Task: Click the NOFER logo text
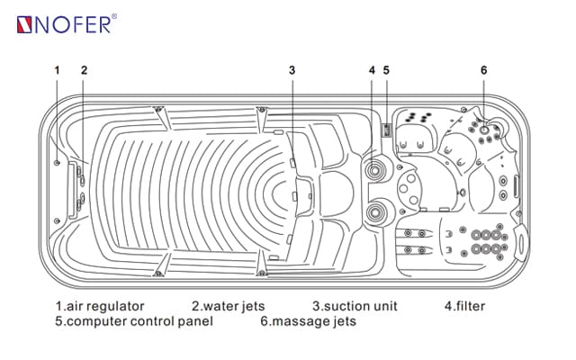[73, 22]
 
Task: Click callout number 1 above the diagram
[57, 69]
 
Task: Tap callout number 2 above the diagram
[84, 69]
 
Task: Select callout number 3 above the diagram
[292, 69]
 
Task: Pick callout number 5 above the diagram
[386, 69]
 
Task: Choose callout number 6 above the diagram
[483, 69]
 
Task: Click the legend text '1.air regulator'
[99, 307]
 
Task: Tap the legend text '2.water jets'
[229, 307]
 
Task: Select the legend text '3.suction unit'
[354, 307]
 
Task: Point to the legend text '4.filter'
[464, 307]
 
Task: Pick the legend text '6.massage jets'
[308, 320]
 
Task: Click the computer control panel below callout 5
[387, 131]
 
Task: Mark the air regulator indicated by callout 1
[57, 163]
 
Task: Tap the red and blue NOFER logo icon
[24, 23]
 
